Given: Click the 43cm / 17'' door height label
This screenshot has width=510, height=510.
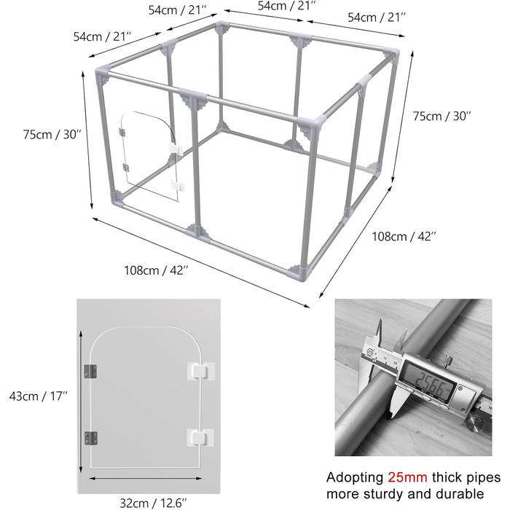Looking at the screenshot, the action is point(39,396).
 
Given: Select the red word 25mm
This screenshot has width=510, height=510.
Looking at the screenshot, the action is point(407,477).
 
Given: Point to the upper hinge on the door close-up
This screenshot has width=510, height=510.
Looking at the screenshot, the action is point(90,372).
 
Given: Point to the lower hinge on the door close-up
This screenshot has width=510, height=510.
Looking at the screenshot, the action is point(91,438).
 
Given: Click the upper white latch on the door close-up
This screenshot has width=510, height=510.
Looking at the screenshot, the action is point(200,371).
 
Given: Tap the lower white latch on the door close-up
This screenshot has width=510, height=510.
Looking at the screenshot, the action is point(200,438).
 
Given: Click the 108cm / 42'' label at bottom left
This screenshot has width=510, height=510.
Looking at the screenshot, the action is point(156,270).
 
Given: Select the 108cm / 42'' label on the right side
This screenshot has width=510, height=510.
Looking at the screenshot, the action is point(404,237).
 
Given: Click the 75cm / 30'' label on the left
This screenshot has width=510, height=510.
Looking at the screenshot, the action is point(52,134).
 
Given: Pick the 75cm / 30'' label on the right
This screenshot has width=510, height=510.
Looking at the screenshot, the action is point(442,116).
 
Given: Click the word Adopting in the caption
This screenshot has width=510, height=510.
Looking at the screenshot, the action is point(356,478).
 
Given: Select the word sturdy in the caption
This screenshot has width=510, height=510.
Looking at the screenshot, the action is point(384,495).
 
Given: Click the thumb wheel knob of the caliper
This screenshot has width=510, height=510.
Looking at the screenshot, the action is point(476,425).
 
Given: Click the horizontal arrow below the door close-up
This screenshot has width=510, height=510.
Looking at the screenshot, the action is point(146,478).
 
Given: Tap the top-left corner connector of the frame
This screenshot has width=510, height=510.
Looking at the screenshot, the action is point(103,75).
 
